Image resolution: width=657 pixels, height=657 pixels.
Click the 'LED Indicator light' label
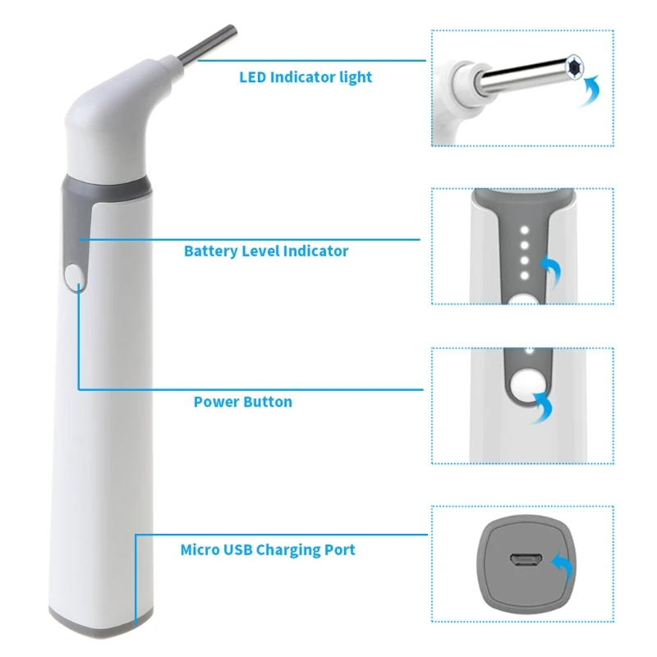coord(306,77)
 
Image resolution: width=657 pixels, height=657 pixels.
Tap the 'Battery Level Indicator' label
coord(266,251)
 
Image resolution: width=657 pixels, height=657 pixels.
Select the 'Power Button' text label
coord(242,402)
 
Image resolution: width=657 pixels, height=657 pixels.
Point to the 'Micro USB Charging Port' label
coord(268,549)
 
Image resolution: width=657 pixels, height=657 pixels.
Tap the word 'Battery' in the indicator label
coord(211,251)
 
